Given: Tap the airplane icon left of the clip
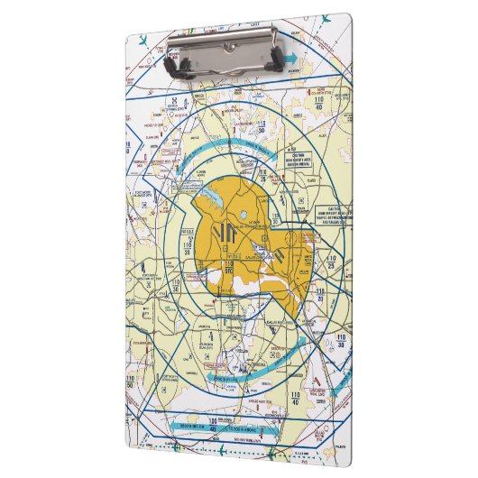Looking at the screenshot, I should pos(144,41).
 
